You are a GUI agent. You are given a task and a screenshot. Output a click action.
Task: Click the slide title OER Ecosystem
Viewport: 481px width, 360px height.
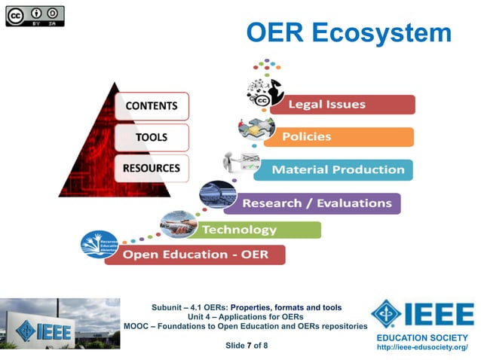pyautogui.click(x=348, y=32)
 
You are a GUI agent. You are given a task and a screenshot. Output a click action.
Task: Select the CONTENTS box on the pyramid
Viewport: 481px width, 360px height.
pyautogui.click(x=151, y=106)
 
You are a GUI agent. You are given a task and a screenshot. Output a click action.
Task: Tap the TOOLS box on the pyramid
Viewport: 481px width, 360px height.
pyautogui.click(x=151, y=137)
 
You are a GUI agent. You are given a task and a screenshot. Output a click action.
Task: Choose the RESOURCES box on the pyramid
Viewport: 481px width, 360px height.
pyautogui.click(x=151, y=167)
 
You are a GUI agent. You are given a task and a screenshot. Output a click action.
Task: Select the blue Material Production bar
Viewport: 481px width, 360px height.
pyautogui.click(x=333, y=169)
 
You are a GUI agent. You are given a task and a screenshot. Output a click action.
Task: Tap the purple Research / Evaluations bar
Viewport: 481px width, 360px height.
pyautogui.click(x=317, y=203)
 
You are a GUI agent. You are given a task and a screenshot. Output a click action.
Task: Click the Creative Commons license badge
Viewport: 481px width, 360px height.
pyautogui.click(x=35, y=16)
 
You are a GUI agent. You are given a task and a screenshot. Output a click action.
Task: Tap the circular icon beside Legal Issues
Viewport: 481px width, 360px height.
pyautogui.click(x=263, y=93)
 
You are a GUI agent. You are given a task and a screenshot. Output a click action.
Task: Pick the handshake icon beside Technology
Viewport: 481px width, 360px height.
pyautogui.click(x=178, y=223)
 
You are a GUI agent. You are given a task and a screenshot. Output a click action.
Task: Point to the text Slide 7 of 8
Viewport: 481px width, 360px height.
pyautogui.click(x=247, y=346)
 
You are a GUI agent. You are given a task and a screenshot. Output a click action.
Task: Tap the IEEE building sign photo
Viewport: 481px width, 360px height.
pyautogui.click(x=60, y=323)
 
